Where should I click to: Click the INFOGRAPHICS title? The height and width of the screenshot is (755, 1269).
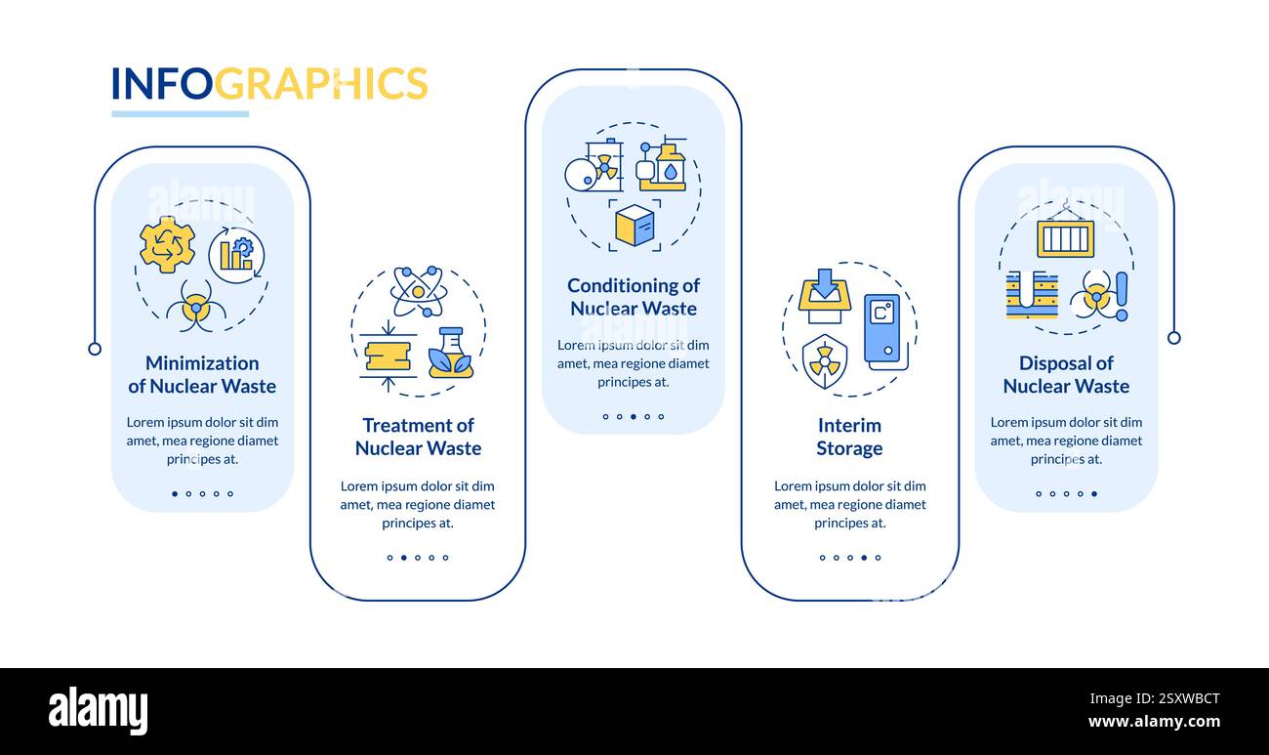(x=269, y=83)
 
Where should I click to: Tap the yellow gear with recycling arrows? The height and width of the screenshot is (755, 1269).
(x=167, y=245)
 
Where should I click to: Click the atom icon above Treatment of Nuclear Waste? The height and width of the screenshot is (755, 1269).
(x=419, y=291)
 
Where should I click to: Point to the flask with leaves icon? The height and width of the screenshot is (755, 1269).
(x=451, y=353)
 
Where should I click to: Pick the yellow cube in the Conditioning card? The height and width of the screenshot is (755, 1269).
(x=634, y=225)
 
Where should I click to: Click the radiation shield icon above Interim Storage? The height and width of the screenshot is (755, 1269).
(x=825, y=361)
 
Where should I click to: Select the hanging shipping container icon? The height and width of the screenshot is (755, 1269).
(x=1066, y=233)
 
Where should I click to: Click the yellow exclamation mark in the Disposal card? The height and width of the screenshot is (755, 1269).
(x=1122, y=297)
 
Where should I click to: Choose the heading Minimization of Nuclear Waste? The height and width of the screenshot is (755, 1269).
(x=202, y=375)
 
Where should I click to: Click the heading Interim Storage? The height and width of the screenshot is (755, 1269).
(x=849, y=437)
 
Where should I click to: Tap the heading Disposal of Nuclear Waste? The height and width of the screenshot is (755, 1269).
(x=1066, y=375)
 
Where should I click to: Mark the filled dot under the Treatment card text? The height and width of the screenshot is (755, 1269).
(x=404, y=558)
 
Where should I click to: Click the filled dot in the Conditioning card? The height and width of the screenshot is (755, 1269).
(x=634, y=417)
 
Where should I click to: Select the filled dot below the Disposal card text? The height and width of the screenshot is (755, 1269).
(x=1094, y=493)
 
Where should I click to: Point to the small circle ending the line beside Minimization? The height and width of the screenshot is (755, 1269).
(x=96, y=349)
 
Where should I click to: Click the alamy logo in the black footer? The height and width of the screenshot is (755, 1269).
(x=98, y=710)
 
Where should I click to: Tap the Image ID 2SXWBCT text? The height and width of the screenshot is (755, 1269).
(x=1155, y=698)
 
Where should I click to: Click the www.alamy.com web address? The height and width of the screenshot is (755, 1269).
(x=1154, y=722)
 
